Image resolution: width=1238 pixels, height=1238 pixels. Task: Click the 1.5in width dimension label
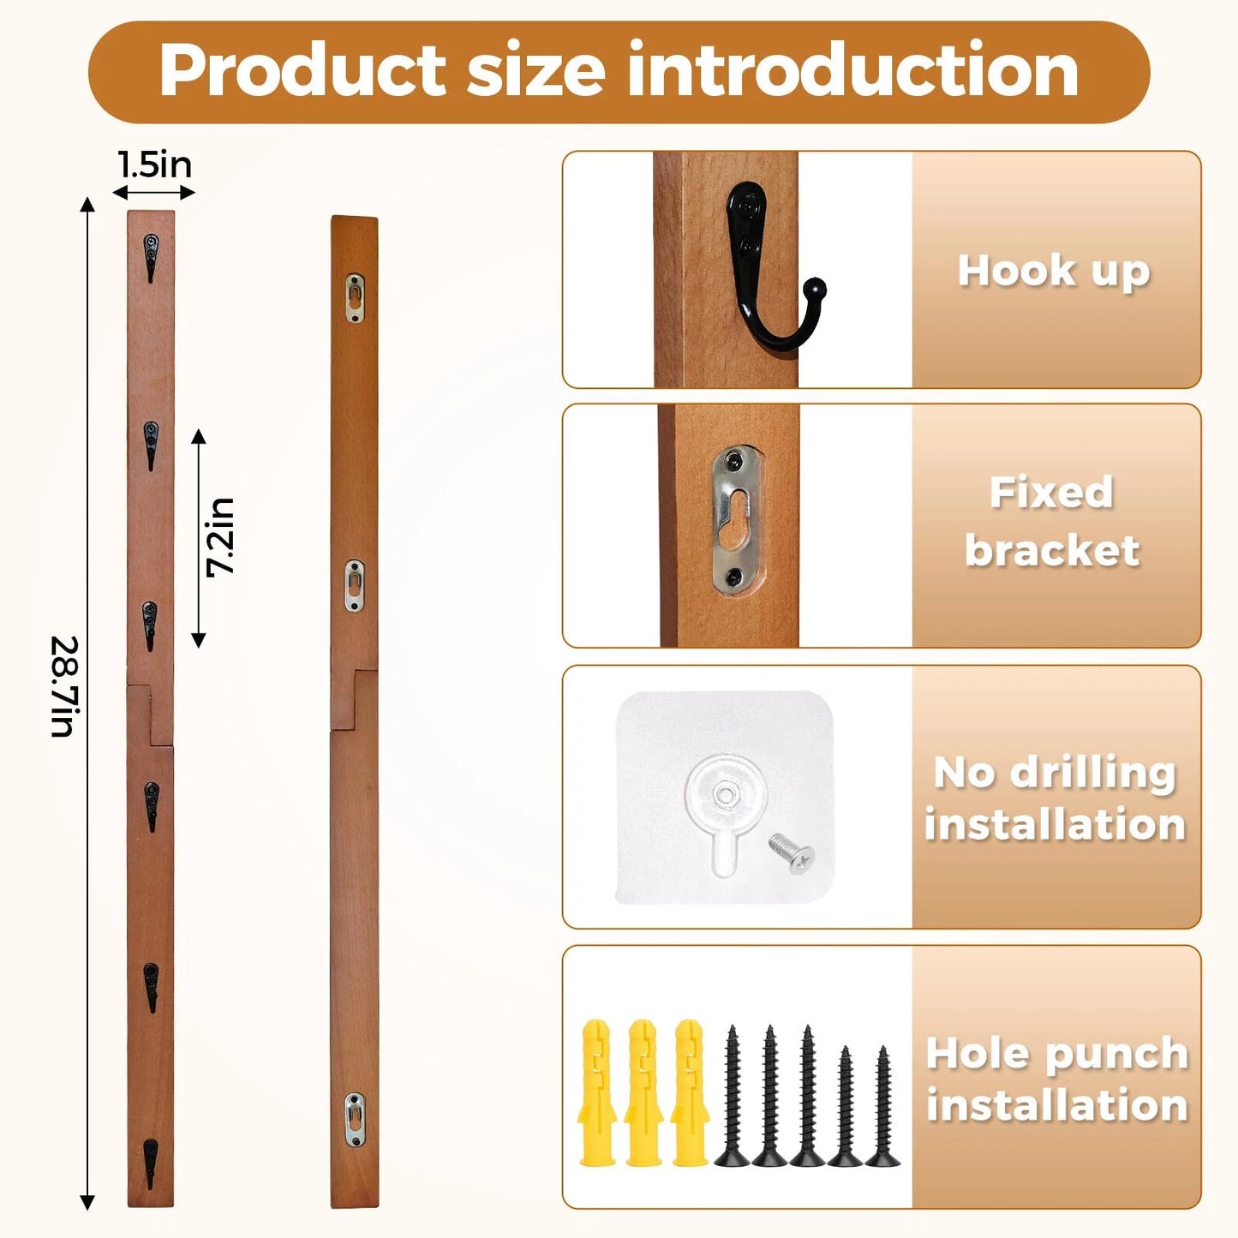(155, 165)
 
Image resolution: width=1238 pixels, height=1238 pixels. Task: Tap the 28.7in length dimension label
(65, 686)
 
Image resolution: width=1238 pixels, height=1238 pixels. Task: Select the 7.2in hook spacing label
(220, 537)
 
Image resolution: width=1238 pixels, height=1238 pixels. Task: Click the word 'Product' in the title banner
(302, 70)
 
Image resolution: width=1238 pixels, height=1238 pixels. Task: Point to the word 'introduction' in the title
(853, 69)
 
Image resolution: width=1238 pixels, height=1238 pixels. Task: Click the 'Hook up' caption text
(1054, 272)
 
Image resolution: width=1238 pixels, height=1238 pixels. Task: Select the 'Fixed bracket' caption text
(1052, 521)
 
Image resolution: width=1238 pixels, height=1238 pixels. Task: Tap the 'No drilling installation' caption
(1055, 798)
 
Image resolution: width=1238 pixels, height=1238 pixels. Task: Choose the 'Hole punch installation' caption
(1057, 1081)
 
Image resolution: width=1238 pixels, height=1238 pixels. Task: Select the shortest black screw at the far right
(882, 1106)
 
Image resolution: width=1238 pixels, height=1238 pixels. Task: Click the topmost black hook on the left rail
(150, 258)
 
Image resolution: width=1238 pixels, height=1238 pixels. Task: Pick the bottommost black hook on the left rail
(150, 1163)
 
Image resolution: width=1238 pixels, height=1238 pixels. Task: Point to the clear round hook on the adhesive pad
(725, 810)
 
